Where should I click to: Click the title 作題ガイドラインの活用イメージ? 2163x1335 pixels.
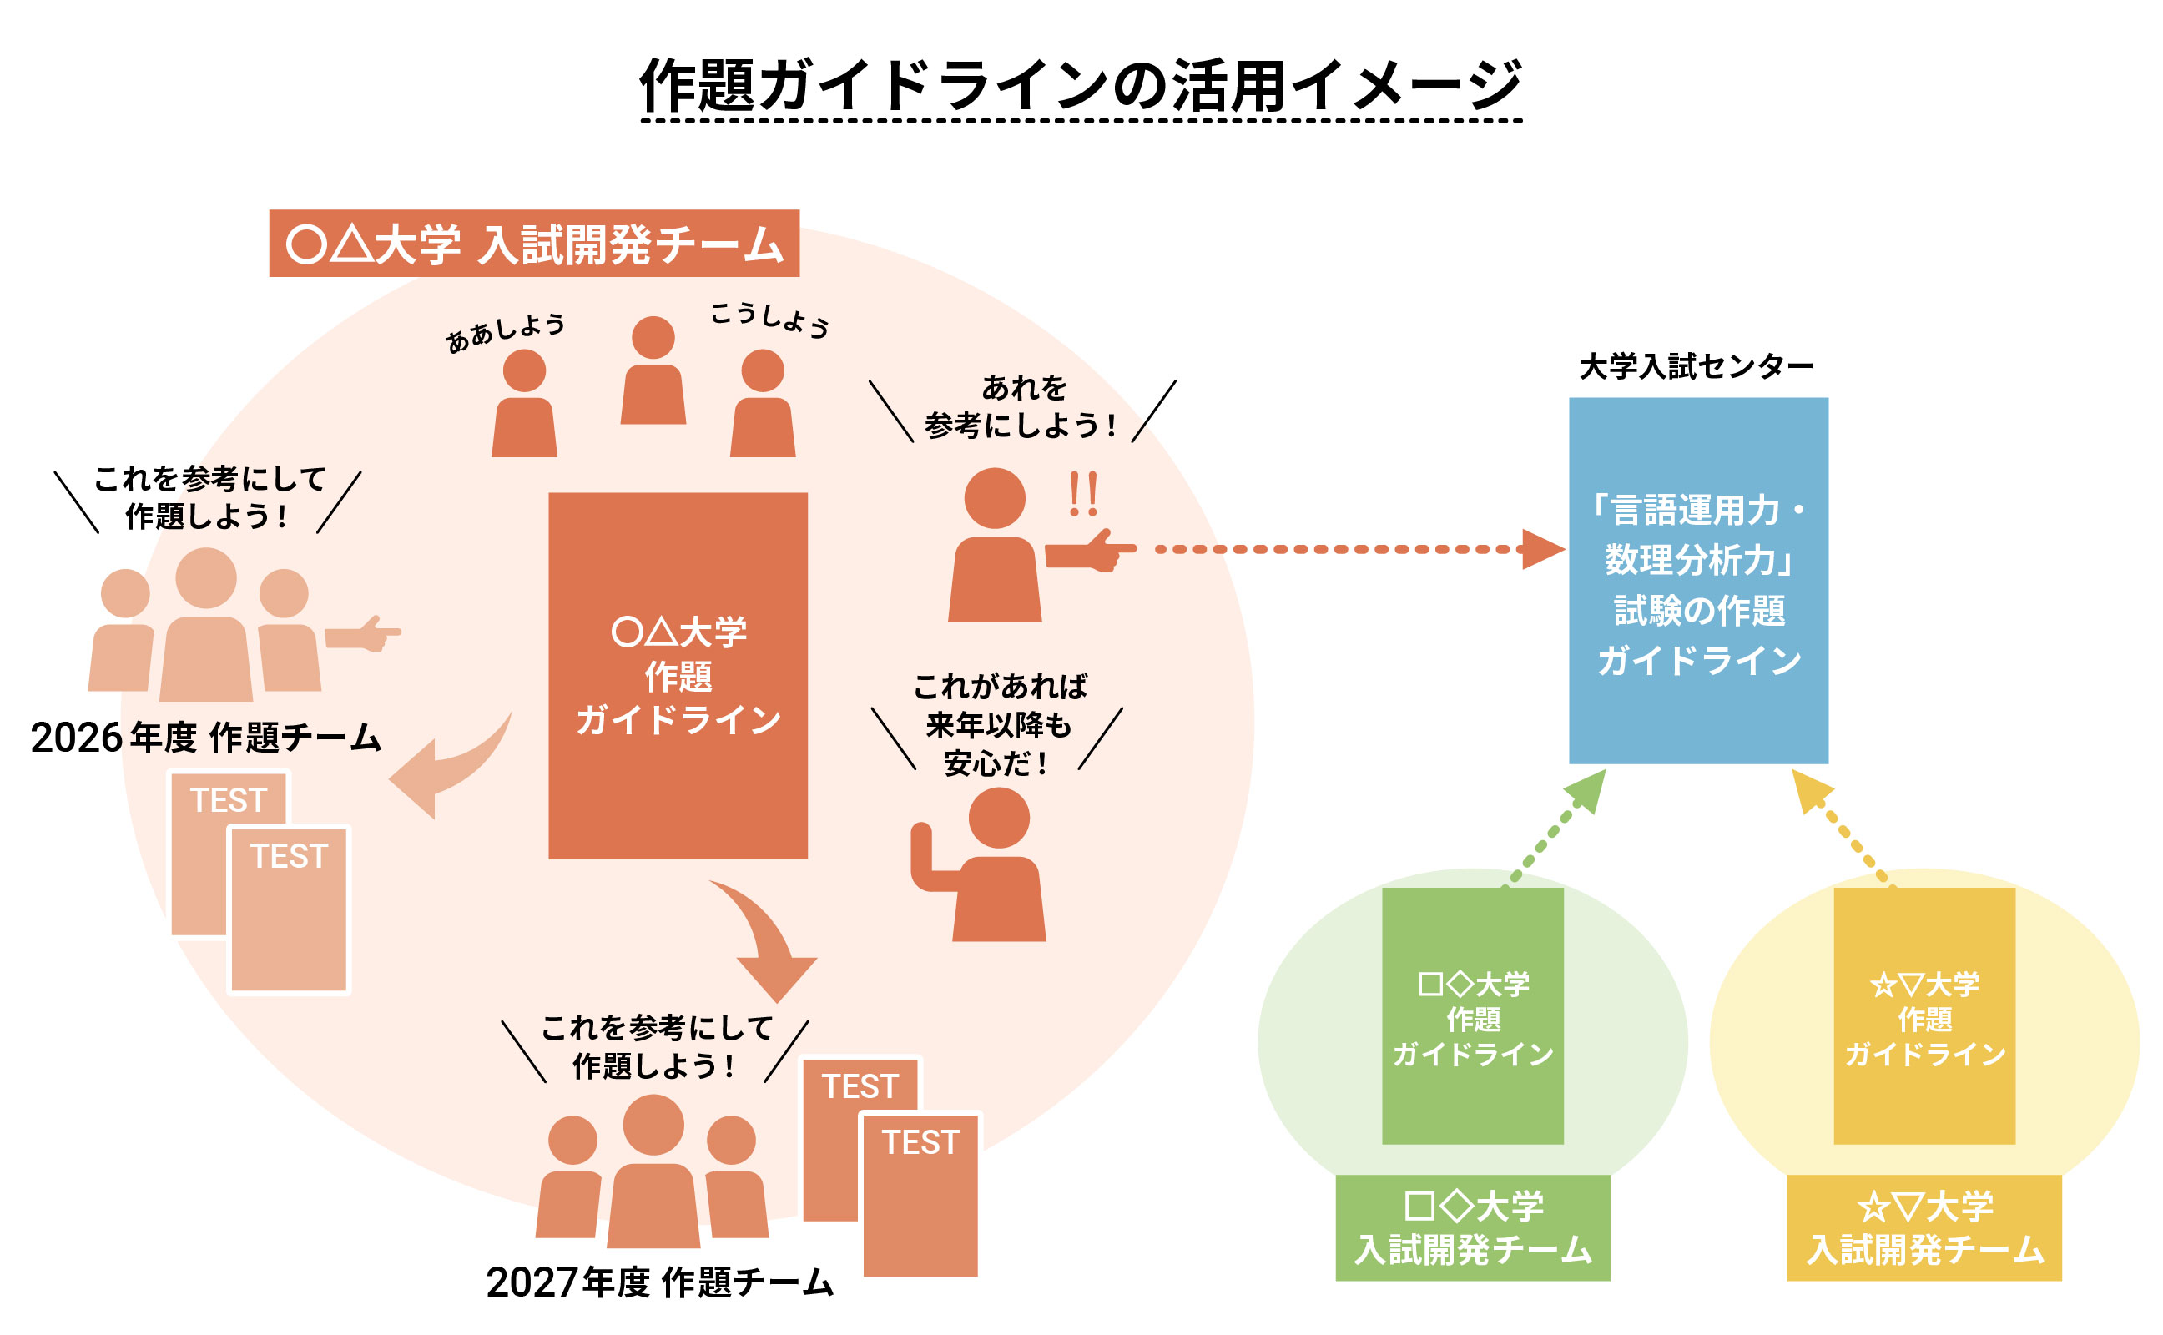click(x=1080, y=87)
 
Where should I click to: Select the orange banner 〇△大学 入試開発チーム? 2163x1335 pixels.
click(x=533, y=244)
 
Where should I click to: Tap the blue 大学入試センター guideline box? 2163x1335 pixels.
click(x=1697, y=581)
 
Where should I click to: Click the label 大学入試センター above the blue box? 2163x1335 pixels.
click(x=1695, y=365)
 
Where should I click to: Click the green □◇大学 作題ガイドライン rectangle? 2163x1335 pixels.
click(x=1472, y=1016)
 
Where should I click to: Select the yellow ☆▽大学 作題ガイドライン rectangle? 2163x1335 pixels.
click(x=1924, y=1016)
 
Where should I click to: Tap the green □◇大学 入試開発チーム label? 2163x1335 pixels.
click(x=1472, y=1227)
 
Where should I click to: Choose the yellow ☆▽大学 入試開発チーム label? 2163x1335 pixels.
click(x=1924, y=1227)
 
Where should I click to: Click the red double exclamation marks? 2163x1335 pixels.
click(x=1083, y=494)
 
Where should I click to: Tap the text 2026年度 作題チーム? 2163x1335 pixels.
click(x=206, y=738)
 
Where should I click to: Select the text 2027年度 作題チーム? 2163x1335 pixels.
click(x=659, y=1282)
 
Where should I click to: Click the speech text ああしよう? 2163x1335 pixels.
click(x=505, y=333)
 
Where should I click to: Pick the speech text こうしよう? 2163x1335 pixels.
click(x=770, y=320)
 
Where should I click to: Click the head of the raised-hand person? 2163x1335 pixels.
click(x=999, y=818)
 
